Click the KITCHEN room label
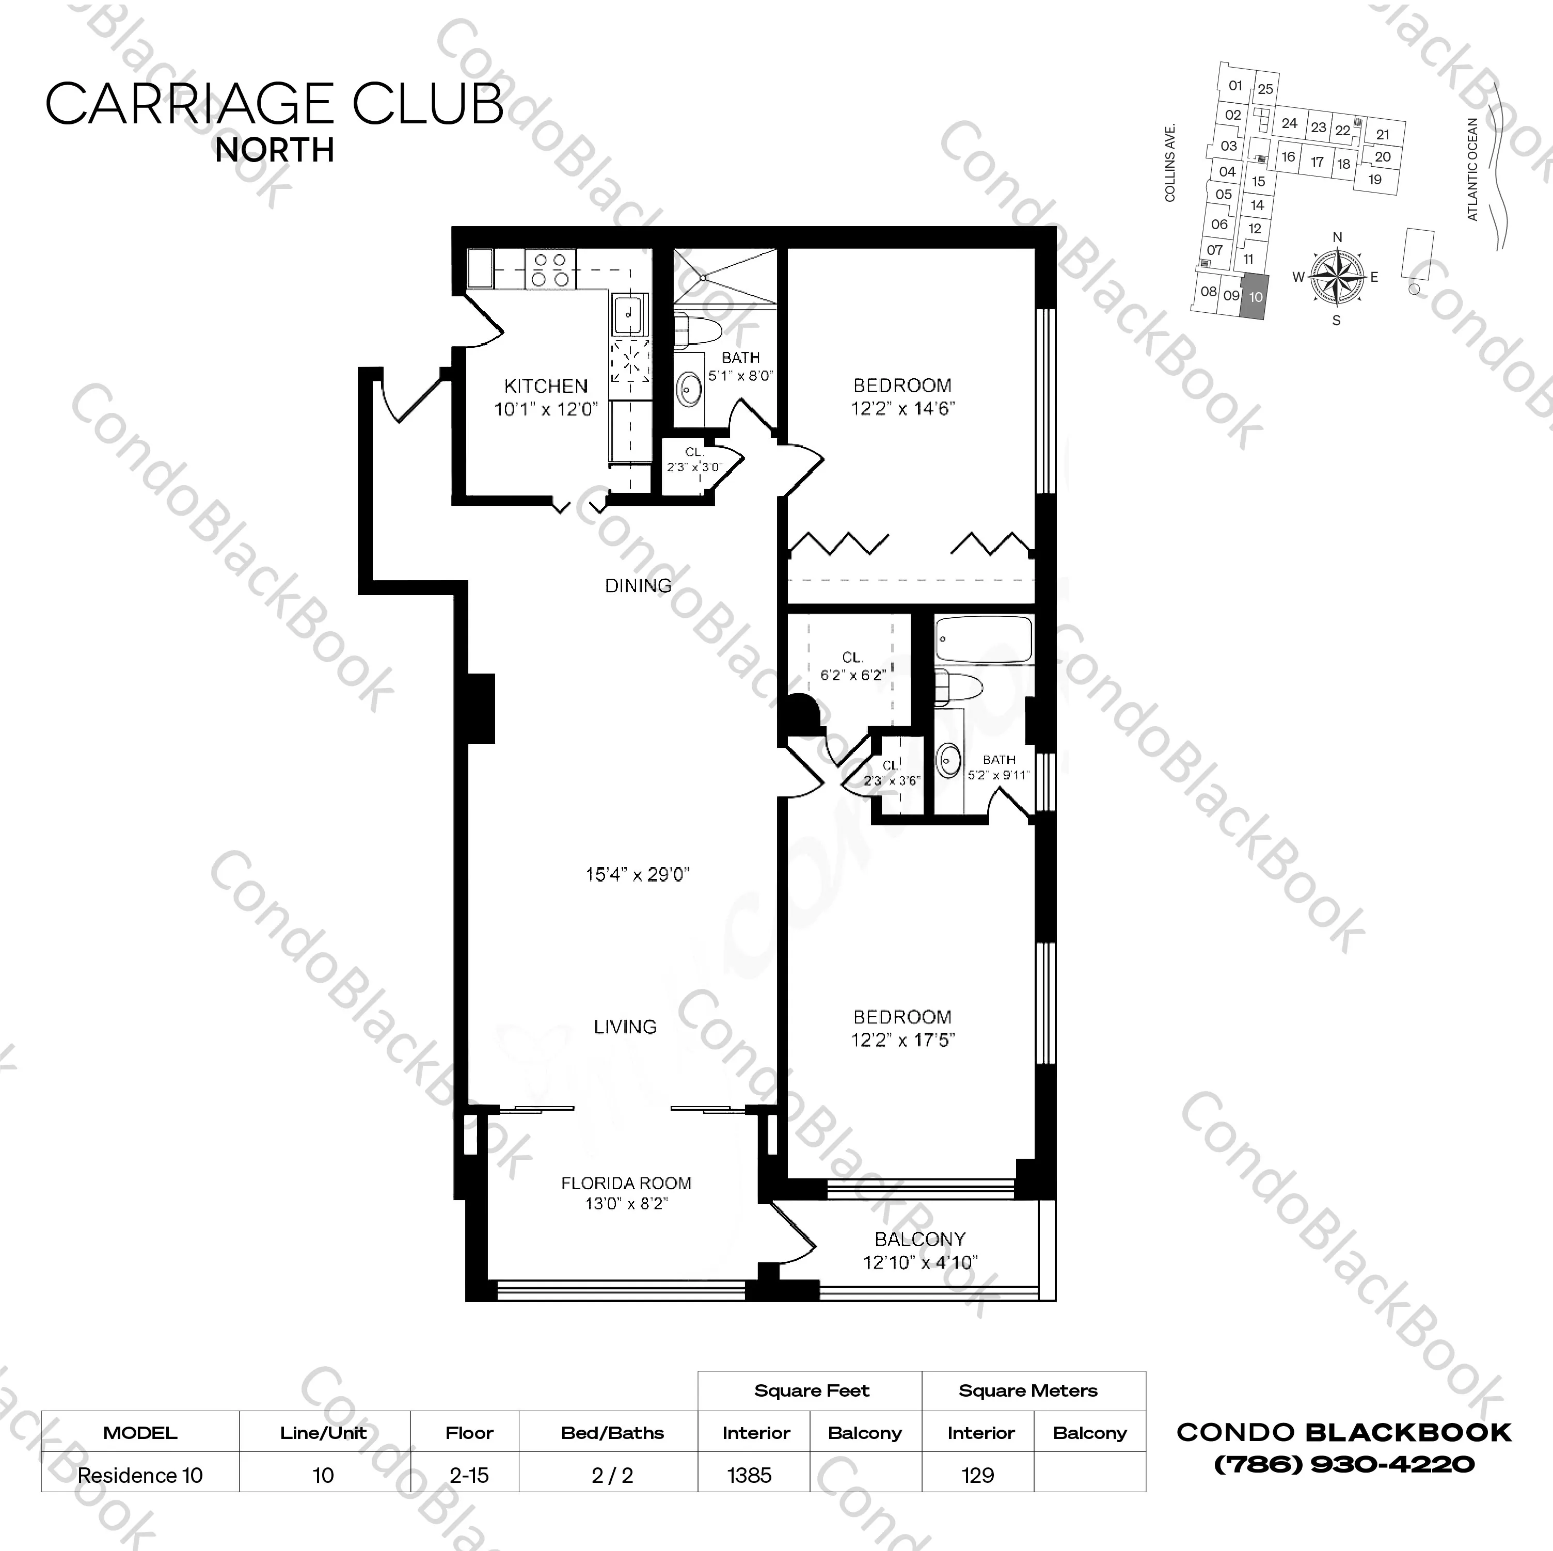tap(546, 386)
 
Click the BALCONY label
tap(920, 1239)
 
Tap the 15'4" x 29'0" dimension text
tap(638, 874)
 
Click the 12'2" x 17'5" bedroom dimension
tap(902, 1040)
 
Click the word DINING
tap(638, 586)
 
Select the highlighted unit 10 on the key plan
tap(1255, 296)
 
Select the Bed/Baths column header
tap(612, 1433)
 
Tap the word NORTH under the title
tap(275, 150)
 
